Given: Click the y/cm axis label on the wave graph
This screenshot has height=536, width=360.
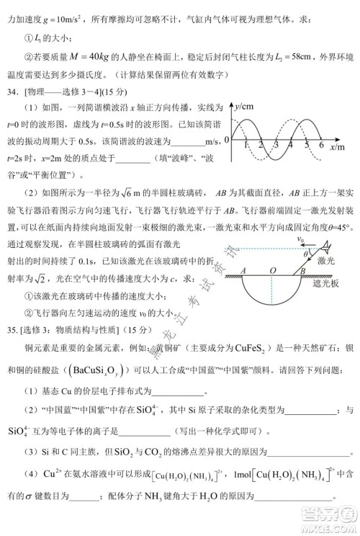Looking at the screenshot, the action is pos(246,107).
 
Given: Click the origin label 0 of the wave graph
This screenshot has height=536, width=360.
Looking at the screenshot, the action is pos(226,139).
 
